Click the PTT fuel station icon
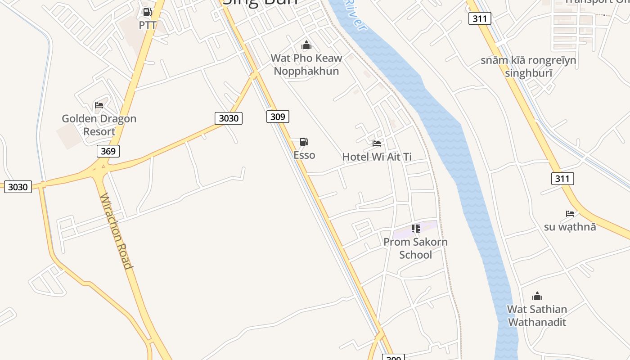click(x=147, y=12)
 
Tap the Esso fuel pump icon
click(x=304, y=142)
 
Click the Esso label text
click(x=304, y=155)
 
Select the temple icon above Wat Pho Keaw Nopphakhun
click(x=306, y=45)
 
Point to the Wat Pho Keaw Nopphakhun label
click(x=306, y=64)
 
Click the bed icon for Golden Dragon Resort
click(x=99, y=105)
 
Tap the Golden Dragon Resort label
click(x=99, y=125)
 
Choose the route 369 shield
click(x=108, y=151)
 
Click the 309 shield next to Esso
click(x=278, y=117)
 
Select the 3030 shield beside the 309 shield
click(x=229, y=118)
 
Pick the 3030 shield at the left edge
click(x=18, y=187)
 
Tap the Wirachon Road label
click(x=116, y=231)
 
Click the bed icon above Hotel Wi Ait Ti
click(x=377, y=144)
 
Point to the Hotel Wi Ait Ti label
click(x=377, y=157)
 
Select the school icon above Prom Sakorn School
click(x=416, y=229)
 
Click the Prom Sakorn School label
click(x=415, y=248)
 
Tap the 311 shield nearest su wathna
click(x=562, y=179)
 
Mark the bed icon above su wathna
click(x=570, y=213)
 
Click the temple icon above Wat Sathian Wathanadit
click(x=537, y=296)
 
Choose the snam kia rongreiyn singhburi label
click(x=528, y=67)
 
